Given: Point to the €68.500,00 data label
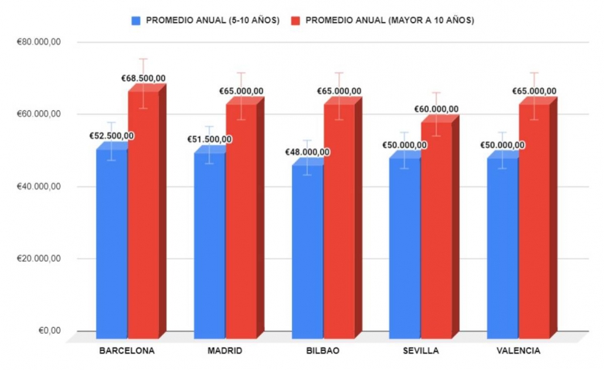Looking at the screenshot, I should (143, 78).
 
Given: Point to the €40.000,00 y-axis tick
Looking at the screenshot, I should (38, 186).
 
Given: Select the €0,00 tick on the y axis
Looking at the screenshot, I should (49, 331).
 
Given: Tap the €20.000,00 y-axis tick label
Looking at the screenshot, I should (38, 259).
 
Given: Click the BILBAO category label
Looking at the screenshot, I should (324, 351).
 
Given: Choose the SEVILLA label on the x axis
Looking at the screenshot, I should (421, 351).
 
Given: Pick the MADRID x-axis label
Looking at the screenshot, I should (225, 351).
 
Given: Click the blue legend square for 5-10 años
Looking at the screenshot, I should (135, 20).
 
